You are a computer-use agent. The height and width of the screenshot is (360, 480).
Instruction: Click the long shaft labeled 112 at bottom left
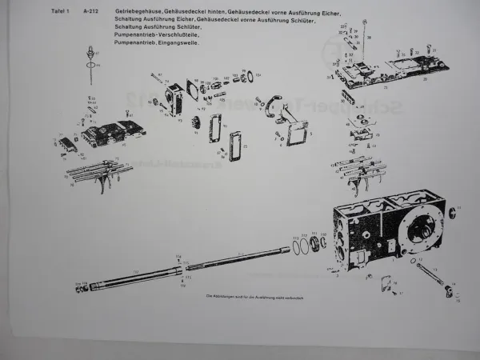(x=136, y=277)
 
